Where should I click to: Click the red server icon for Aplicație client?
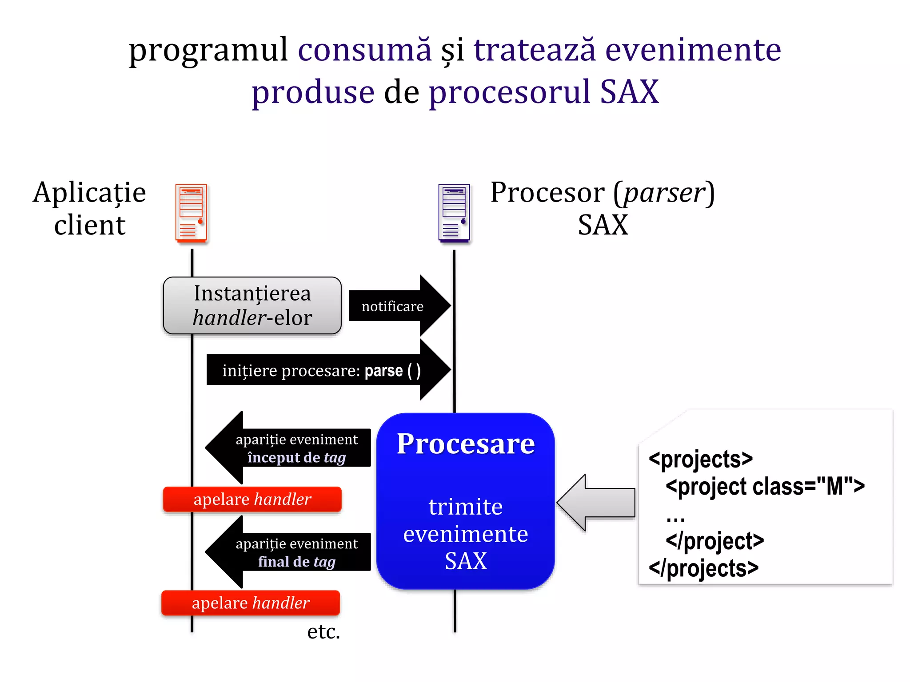191,213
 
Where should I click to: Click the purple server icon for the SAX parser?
454,213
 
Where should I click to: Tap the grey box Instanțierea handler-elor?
252,305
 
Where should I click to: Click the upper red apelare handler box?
252,499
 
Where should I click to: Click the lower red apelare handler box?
251,603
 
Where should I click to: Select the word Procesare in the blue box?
466,444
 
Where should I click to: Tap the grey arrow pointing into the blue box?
595,503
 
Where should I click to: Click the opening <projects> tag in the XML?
701,459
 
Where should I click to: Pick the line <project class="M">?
765,487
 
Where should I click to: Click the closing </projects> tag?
703,568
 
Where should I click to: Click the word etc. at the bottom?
323,631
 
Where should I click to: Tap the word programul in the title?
208,50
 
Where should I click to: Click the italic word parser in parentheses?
664,193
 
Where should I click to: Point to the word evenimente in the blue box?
466,534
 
